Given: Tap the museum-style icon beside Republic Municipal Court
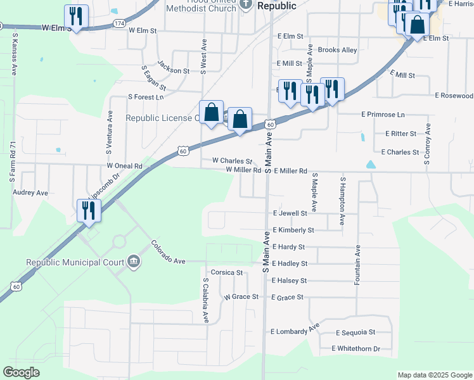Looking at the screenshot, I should (134, 261).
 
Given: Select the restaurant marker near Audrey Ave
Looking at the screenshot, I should (89, 210).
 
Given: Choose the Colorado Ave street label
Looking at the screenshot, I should (168, 252).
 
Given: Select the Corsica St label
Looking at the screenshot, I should (227, 273).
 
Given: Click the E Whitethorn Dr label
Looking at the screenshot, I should (355, 349).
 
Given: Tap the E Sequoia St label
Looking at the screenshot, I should (355, 332).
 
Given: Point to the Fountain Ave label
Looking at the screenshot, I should (358, 263).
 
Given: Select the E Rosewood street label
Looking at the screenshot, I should (453, 96).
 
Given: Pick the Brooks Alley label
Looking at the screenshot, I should (337, 50).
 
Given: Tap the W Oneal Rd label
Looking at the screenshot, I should (124, 166).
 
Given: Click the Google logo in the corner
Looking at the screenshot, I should (22, 372).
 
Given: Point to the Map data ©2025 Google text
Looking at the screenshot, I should (434, 375).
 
